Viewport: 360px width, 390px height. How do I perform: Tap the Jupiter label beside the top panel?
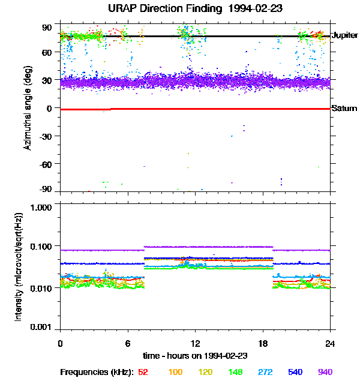tap(344, 36)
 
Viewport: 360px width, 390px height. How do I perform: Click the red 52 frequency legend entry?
tap(143, 372)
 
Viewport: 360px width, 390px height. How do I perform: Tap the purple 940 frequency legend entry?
tap(325, 372)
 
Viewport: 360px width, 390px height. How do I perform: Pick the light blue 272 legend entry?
tap(265, 372)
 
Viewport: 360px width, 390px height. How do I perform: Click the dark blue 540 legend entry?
tap(295, 372)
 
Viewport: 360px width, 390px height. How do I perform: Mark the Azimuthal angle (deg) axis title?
tap(28, 108)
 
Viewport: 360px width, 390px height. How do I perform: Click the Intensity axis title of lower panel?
tap(19, 267)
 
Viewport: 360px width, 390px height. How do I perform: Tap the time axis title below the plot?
tap(195, 356)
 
